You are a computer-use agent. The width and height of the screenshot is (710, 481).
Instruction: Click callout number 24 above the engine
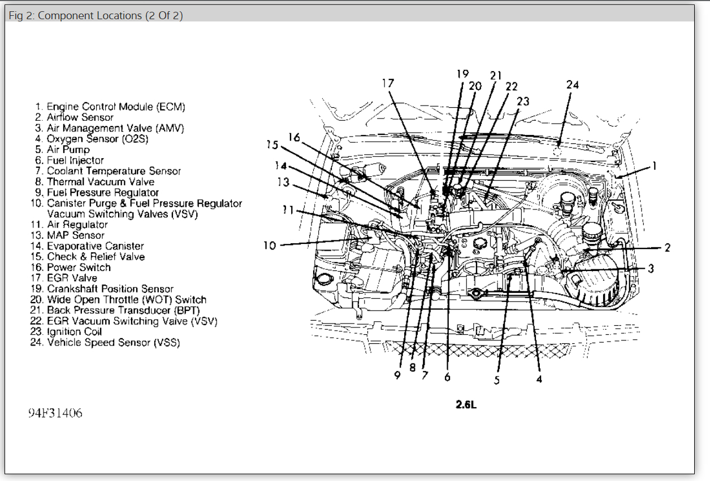pos(573,85)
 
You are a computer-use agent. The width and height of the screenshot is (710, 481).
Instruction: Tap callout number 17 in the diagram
pos(388,83)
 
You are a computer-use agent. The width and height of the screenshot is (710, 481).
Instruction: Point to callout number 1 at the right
pos(654,166)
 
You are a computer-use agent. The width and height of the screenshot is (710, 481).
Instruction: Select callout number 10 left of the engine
pos(270,246)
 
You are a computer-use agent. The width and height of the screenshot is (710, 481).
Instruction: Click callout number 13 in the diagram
pos(283,182)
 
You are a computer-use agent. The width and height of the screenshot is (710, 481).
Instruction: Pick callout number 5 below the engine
pos(497,381)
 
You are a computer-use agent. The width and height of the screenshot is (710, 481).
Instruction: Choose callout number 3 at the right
pos(651,269)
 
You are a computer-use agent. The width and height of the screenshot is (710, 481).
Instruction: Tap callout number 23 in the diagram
pos(523,101)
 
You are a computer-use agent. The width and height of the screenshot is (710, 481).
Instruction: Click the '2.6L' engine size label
pos(466,404)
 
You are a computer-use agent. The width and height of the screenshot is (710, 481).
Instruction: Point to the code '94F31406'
pos(55,413)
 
